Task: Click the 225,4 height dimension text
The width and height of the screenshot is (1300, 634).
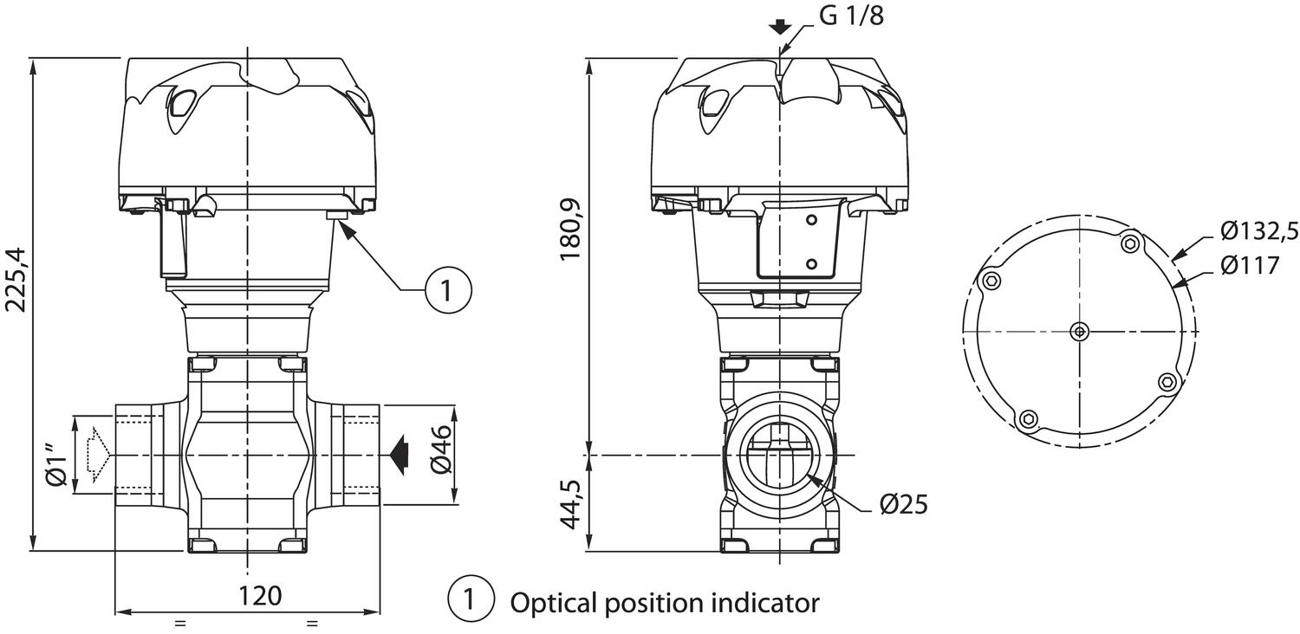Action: pyautogui.click(x=16, y=279)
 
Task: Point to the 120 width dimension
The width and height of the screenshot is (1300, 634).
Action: pyautogui.click(x=260, y=596)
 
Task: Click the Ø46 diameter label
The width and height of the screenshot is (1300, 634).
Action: pyautogui.click(x=441, y=450)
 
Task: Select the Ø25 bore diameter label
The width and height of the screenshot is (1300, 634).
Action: pyautogui.click(x=903, y=504)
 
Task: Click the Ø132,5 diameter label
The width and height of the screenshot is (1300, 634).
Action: pyautogui.click(x=1258, y=231)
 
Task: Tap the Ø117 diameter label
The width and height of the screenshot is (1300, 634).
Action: pyautogui.click(x=1249, y=264)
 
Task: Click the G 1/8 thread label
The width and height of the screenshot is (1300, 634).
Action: pyautogui.click(x=851, y=16)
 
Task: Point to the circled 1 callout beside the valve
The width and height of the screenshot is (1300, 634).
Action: pyautogui.click(x=448, y=289)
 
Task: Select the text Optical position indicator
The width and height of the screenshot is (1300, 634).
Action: pyautogui.click(x=664, y=601)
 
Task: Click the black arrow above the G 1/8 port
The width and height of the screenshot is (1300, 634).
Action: pyautogui.click(x=780, y=26)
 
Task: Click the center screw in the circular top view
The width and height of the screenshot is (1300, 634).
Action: pyautogui.click(x=1079, y=330)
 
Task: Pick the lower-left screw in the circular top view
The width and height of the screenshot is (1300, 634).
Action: pyautogui.click(x=1029, y=419)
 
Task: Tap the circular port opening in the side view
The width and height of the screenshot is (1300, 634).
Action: pyautogui.click(x=779, y=456)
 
